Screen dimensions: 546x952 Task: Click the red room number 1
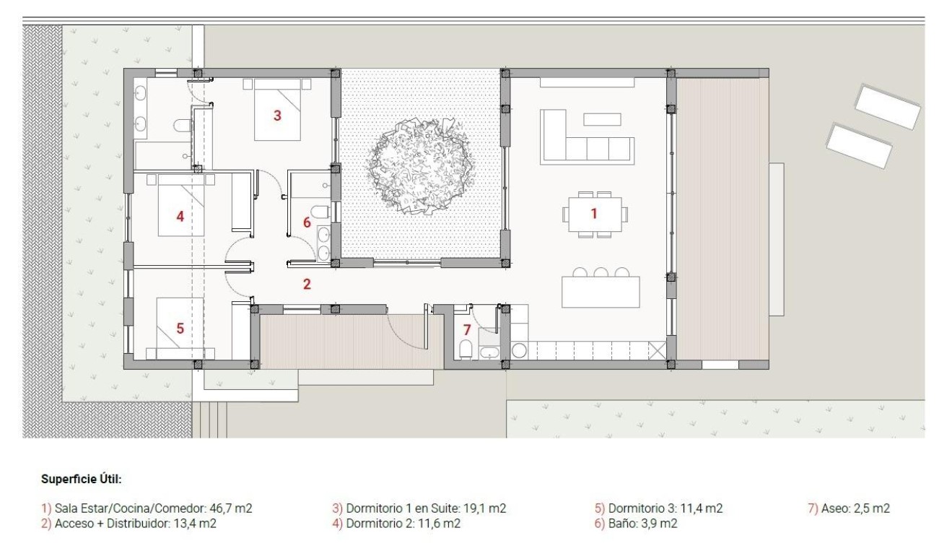tap(594, 213)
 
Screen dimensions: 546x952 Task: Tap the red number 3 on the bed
tap(277, 115)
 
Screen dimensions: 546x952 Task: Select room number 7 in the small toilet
tap(467, 330)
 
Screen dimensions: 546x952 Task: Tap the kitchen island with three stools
tap(601, 291)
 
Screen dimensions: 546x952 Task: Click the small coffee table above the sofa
tap(602, 119)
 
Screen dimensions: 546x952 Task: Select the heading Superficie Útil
tap(82, 478)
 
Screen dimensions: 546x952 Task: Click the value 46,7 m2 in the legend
tap(230, 508)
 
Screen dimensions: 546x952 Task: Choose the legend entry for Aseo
tap(849, 508)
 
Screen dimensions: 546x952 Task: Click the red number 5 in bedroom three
tap(180, 328)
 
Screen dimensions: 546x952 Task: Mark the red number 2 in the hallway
tap(307, 284)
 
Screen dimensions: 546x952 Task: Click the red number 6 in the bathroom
tap(307, 222)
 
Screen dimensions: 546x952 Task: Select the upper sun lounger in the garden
tap(887, 107)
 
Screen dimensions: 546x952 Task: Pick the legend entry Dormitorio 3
tap(658, 508)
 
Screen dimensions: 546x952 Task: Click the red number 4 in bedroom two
tap(180, 215)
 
